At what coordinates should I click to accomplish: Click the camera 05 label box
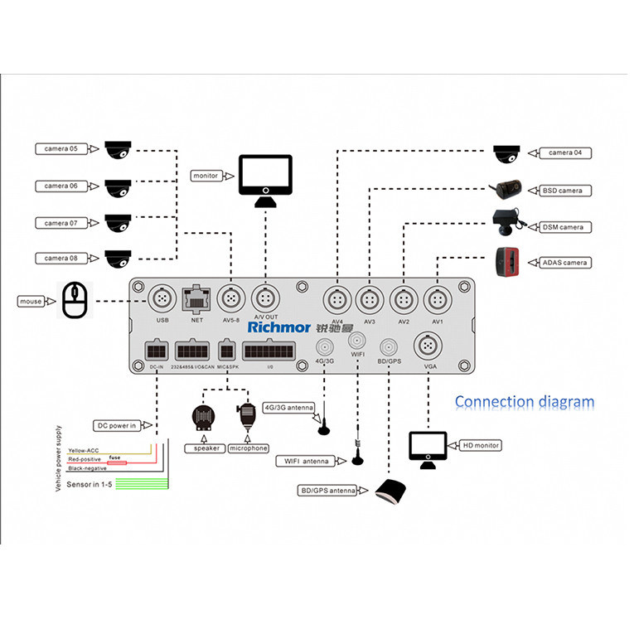pyautogui.click(x=61, y=149)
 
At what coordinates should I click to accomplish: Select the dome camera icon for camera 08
pyautogui.click(x=118, y=259)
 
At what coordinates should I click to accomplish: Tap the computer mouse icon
pyautogui.click(x=75, y=300)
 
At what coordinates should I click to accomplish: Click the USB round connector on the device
pyautogui.click(x=162, y=298)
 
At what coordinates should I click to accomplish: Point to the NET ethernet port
pyautogui.click(x=196, y=297)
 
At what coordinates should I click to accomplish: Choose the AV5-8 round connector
pyautogui.click(x=230, y=298)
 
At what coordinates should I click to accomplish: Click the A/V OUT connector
pyautogui.click(x=264, y=298)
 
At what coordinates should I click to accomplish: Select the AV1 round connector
pyautogui.click(x=436, y=298)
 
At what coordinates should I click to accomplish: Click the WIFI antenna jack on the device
pyautogui.click(x=358, y=341)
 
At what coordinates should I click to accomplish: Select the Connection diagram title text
pyautogui.click(x=524, y=403)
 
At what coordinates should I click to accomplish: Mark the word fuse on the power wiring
pyautogui.click(x=114, y=456)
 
